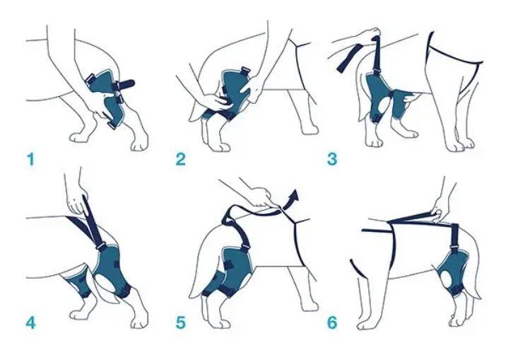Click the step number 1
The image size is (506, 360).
click(30, 158)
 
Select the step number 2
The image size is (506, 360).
click(181, 158)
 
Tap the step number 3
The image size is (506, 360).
click(331, 158)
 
